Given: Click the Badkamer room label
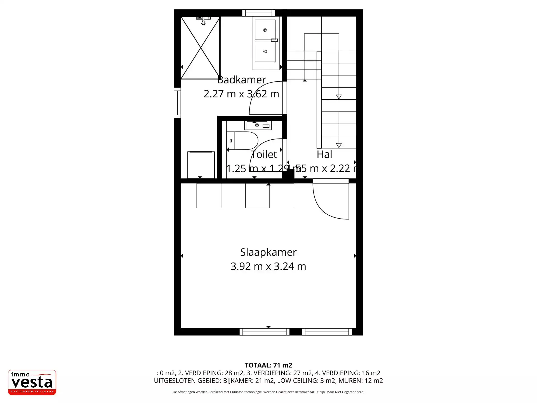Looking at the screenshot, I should point(241,80).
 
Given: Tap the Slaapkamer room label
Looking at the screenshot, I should point(268,252).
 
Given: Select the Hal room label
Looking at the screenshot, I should point(324,154).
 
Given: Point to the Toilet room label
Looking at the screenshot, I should point(264,154).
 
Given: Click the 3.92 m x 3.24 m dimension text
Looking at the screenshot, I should point(268,266).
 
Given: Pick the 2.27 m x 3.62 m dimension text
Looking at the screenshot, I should point(241,94).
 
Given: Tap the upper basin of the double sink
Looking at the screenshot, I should point(265,30).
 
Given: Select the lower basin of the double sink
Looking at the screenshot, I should point(265,51).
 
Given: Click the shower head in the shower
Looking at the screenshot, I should point(203,20).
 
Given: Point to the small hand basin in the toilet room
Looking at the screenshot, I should point(257,125).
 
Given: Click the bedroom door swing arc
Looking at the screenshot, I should point(327,204).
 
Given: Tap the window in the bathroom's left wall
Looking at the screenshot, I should point(177,103).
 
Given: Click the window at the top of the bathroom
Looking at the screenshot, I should point(258,13).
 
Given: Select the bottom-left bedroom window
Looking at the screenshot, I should point(264,332).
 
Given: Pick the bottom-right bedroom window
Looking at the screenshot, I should point(327,332).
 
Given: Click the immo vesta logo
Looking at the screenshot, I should point(32,382).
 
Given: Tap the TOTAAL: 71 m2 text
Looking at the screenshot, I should point(268,365).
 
